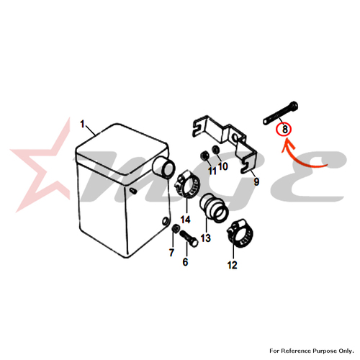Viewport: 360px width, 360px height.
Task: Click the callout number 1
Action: pyautogui.click(x=82, y=124)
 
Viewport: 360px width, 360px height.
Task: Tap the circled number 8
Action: pyautogui.click(x=285, y=130)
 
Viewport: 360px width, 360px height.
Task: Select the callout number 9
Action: pyautogui.click(x=256, y=181)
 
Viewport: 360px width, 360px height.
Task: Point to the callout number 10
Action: pyautogui.click(x=223, y=166)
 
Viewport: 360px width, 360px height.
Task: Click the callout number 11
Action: pyautogui.click(x=212, y=171)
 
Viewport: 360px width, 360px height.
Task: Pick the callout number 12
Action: pyautogui.click(x=232, y=265)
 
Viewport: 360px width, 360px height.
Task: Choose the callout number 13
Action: pyautogui.click(x=206, y=238)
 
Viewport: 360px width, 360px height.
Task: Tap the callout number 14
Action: pyautogui.click(x=186, y=220)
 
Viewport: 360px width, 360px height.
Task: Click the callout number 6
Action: pyautogui.click(x=185, y=262)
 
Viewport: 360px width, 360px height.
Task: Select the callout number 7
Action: pyautogui.click(x=171, y=253)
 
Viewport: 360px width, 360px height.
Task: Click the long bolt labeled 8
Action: pyautogui.click(x=280, y=113)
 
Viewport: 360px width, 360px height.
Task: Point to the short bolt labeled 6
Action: pyautogui.click(x=189, y=238)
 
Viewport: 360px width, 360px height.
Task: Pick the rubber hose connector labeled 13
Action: pyautogui.click(x=214, y=208)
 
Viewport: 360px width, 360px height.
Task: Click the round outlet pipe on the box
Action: pyautogui.click(x=164, y=167)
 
